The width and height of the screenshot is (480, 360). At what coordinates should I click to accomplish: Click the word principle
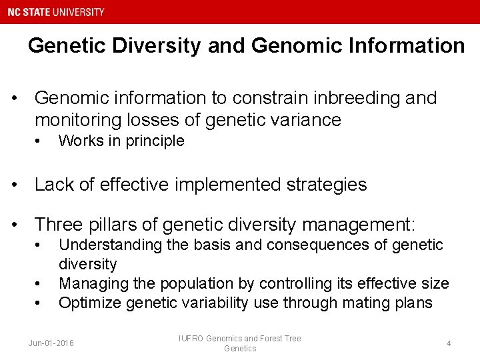(156, 141)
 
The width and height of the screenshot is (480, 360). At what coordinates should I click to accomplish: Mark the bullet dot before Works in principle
(39, 141)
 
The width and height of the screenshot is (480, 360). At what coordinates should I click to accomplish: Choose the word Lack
(53, 185)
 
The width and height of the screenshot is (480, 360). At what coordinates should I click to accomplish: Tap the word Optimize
(89, 303)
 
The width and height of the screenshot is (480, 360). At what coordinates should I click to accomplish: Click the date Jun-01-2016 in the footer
(51, 343)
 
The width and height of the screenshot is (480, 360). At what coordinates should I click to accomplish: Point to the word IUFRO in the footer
(192, 339)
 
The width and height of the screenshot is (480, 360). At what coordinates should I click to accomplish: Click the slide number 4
(449, 343)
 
